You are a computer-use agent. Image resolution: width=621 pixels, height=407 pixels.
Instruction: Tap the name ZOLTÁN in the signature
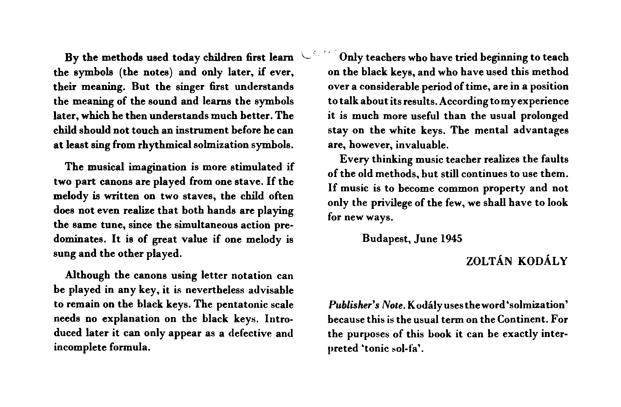[489, 261]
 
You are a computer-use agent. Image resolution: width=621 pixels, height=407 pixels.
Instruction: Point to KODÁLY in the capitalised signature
[543, 261]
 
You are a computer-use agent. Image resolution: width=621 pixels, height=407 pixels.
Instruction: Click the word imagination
[158, 167]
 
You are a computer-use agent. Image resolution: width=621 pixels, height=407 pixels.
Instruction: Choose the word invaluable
[422, 144]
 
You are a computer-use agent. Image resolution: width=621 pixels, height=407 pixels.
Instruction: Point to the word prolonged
[544, 115]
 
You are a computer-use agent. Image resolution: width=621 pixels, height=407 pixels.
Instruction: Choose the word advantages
[541, 130]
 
